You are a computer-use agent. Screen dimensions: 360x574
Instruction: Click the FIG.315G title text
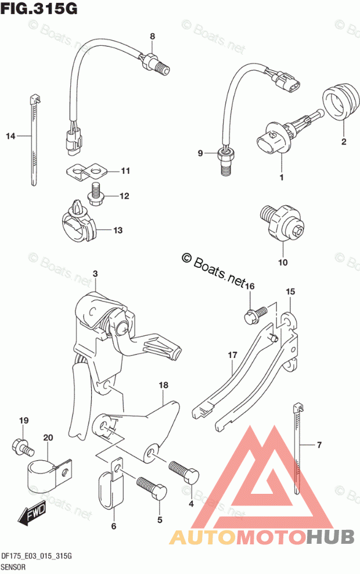point(39,8)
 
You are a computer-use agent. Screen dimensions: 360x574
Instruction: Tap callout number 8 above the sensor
point(152,36)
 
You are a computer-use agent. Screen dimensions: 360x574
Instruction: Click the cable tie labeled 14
point(34,141)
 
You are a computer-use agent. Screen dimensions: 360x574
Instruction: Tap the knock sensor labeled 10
point(282,223)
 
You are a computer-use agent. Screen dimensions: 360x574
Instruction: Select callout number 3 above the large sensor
point(95,274)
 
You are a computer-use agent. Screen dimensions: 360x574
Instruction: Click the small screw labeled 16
point(257,314)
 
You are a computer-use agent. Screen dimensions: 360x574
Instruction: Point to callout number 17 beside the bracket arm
point(232,355)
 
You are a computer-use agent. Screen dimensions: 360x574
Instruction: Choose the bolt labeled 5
point(152,489)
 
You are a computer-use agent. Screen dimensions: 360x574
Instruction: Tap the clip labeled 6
point(111,482)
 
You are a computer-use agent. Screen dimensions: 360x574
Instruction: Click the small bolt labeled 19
point(23,445)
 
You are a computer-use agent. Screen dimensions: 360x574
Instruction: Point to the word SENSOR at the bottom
point(13,567)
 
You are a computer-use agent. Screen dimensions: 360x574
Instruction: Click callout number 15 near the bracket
point(290,292)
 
